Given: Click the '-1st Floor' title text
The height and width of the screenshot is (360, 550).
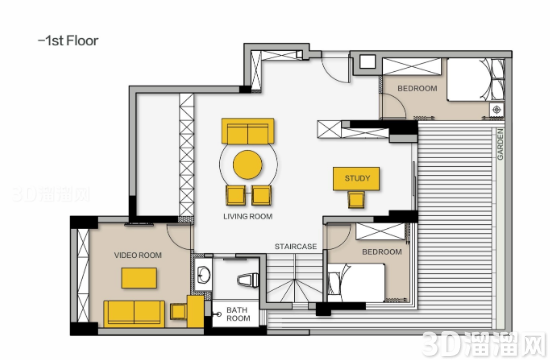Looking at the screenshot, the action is [x=68, y=41].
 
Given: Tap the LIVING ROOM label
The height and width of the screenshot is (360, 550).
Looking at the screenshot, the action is [x=248, y=216].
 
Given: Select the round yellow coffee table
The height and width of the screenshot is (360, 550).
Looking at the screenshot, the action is [x=248, y=165].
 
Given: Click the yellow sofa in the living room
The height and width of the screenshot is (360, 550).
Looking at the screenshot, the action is [x=248, y=131].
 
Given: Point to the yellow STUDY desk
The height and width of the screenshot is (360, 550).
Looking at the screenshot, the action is [x=356, y=179].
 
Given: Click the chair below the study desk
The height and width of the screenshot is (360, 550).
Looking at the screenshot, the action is [x=356, y=200].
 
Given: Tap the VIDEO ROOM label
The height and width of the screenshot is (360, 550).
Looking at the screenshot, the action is [x=138, y=255].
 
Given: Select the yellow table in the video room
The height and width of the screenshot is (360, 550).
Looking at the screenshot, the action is [x=139, y=278].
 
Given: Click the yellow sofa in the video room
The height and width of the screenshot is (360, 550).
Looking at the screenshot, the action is [x=134, y=313].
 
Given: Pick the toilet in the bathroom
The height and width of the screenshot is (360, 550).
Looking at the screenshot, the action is [x=248, y=280].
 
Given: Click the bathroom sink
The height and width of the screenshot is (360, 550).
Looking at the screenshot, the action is [x=203, y=275].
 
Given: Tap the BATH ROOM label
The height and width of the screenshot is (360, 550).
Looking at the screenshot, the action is [x=238, y=314].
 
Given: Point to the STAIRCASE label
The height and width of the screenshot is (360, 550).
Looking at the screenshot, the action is [x=296, y=246].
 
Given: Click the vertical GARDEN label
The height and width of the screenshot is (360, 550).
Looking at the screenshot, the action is [x=500, y=144].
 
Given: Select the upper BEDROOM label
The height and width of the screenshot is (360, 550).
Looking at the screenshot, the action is [x=417, y=88].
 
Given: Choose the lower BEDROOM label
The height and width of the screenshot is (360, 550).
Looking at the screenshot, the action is [x=382, y=252].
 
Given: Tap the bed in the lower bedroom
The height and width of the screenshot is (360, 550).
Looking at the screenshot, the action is [x=356, y=283].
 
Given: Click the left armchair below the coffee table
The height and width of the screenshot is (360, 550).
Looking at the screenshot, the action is [x=235, y=195].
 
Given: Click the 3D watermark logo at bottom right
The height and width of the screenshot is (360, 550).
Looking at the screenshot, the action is [x=484, y=344].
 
